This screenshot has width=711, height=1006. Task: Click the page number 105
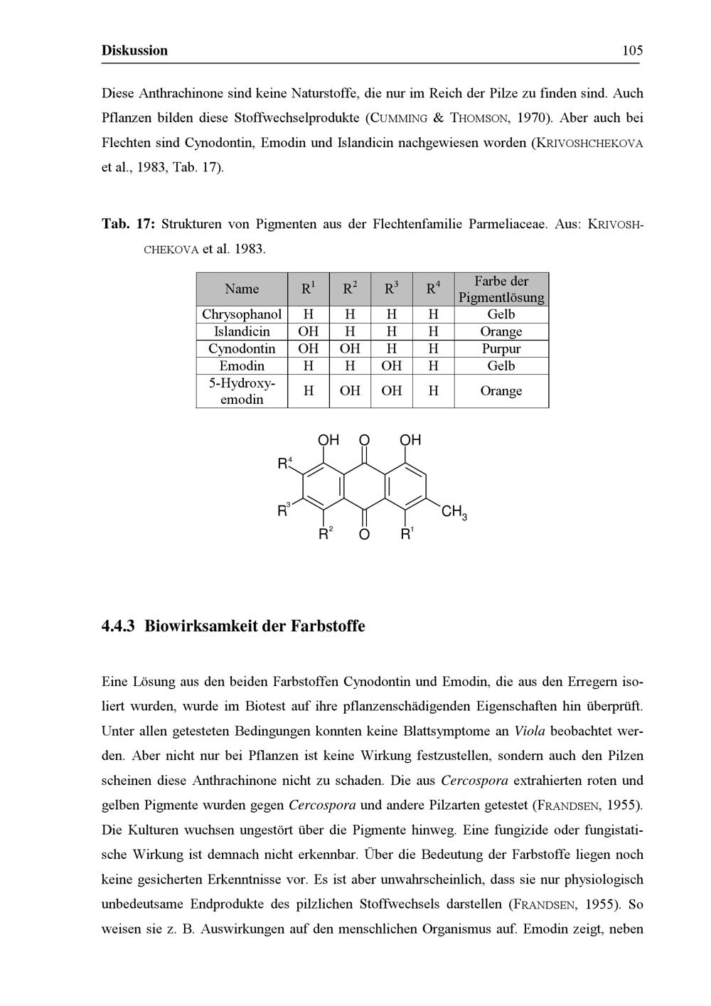pyautogui.click(x=631, y=50)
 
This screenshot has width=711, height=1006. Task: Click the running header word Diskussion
pyautogui.click(x=135, y=50)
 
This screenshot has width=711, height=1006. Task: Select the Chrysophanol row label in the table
pyautogui.click(x=242, y=314)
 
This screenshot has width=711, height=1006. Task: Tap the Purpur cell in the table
pyautogui.click(x=501, y=349)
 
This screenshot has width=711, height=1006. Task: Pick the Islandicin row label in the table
pyautogui.click(x=242, y=331)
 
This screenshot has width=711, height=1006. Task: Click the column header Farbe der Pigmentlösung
pyautogui.click(x=501, y=289)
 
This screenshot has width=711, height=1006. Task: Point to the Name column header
pyautogui.click(x=242, y=289)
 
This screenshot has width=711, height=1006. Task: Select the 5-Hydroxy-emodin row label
pyautogui.click(x=242, y=391)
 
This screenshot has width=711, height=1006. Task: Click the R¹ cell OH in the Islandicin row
pyautogui.click(x=309, y=331)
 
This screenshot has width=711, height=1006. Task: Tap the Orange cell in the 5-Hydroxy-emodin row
pyautogui.click(x=501, y=391)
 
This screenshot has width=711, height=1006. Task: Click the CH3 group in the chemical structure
pyautogui.click(x=454, y=513)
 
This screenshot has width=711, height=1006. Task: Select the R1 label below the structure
pyautogui.click(x=407, y=534)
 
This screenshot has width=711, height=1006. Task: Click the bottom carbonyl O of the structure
pyautogui.click(x=364, y=535)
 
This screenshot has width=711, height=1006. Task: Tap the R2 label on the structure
pyautogui.click(x=325, y=534)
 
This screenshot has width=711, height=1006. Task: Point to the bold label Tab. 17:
pyautogui.click(x=128, y=225)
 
